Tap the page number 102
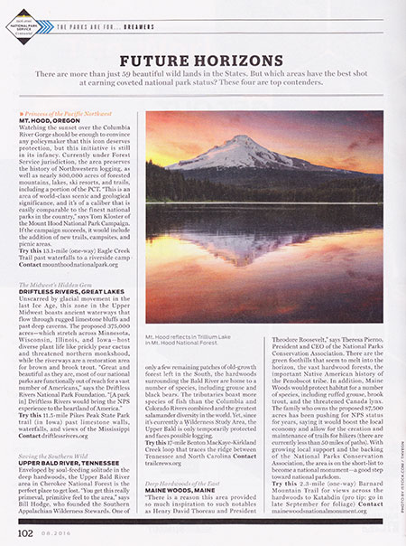pos(24,534)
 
